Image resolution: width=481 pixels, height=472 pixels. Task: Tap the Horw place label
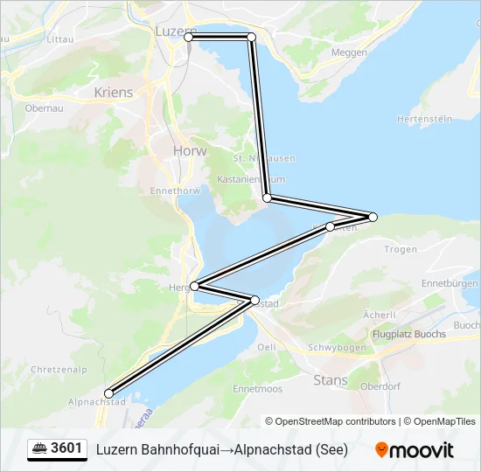click(x=190, y=150)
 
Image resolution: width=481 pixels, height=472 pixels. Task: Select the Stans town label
click(x=330, y=380)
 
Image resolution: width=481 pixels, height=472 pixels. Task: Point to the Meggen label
click(x=350, y=52)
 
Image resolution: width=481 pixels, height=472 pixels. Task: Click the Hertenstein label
click(x=424, y=118)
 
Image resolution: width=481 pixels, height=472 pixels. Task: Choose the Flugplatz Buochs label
click(x=408, y=334)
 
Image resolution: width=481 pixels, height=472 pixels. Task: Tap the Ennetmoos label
click(x=257, y=388)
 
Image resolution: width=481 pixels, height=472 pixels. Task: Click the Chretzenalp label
click(x=59, y=370)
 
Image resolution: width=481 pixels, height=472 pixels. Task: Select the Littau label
click(x=59, y=39)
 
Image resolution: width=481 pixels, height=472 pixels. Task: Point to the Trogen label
click(x=401, y=249)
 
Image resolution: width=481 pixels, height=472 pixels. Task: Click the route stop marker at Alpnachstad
click(x=108, y=393)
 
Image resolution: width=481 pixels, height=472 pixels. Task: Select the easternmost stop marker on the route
click(x=373, y=217)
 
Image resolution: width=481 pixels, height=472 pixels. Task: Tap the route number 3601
click(x=66, y=449)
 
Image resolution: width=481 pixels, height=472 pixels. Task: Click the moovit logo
click(x=415, y=450)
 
